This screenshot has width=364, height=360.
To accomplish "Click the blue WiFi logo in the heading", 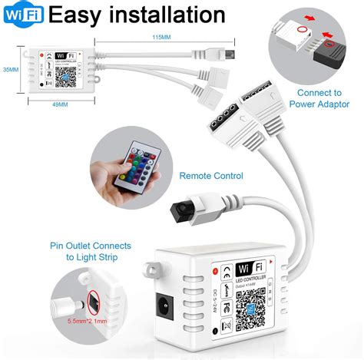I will click(x=24, y=15).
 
